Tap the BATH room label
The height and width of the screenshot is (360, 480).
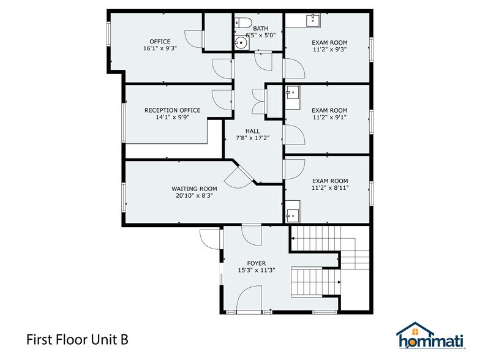[x=261, y=28]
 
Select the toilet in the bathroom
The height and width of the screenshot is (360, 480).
[x=244, y=23]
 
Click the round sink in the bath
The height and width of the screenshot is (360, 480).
[x=239, y=43]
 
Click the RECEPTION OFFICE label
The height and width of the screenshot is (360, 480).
[x=172, y=110]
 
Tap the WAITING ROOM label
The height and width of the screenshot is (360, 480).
[x=194, y=189]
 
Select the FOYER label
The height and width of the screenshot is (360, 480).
[x=256, y=263]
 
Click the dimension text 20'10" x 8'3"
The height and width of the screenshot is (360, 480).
[x=194, y=197]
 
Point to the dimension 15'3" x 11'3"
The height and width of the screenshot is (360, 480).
[x=256, y=271]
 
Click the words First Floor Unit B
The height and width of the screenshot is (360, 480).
[x=77, y=339]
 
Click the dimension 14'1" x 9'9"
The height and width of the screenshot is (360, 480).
[x=172, y=118]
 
